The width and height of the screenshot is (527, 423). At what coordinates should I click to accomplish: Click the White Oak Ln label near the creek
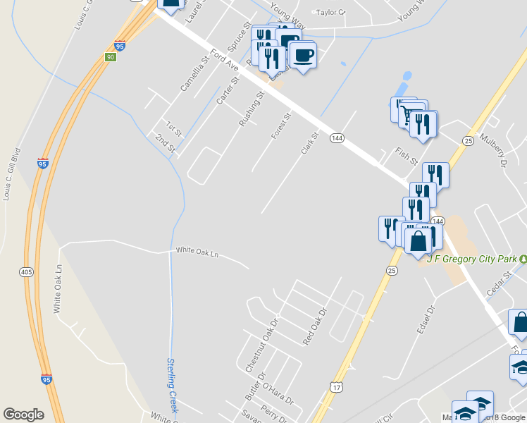click(x=197, y=251)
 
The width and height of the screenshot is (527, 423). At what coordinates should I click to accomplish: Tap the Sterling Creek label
click(x=173, y=385)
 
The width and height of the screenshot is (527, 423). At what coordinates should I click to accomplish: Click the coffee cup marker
click(x=303, y=55)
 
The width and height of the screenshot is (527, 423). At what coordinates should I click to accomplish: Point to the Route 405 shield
click(x=27, y=272)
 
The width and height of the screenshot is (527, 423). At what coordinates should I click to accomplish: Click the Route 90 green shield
click(x=111, y=56)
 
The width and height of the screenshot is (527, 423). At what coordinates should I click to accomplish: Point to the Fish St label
click(x=406, y=154)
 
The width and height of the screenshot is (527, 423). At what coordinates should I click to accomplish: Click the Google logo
click(x=23, y=415)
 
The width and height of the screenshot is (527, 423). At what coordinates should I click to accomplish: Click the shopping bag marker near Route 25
click(x=418, y=241)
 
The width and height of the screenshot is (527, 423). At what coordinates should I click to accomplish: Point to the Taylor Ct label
click(x=331, y=12)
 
